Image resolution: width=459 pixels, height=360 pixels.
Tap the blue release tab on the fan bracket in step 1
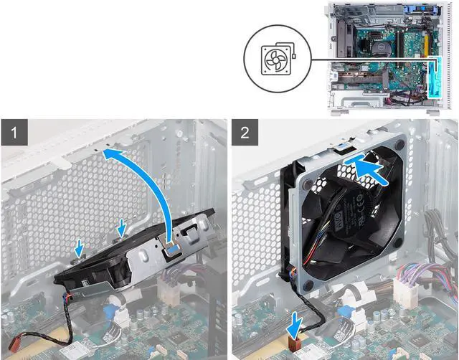(173, 248)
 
